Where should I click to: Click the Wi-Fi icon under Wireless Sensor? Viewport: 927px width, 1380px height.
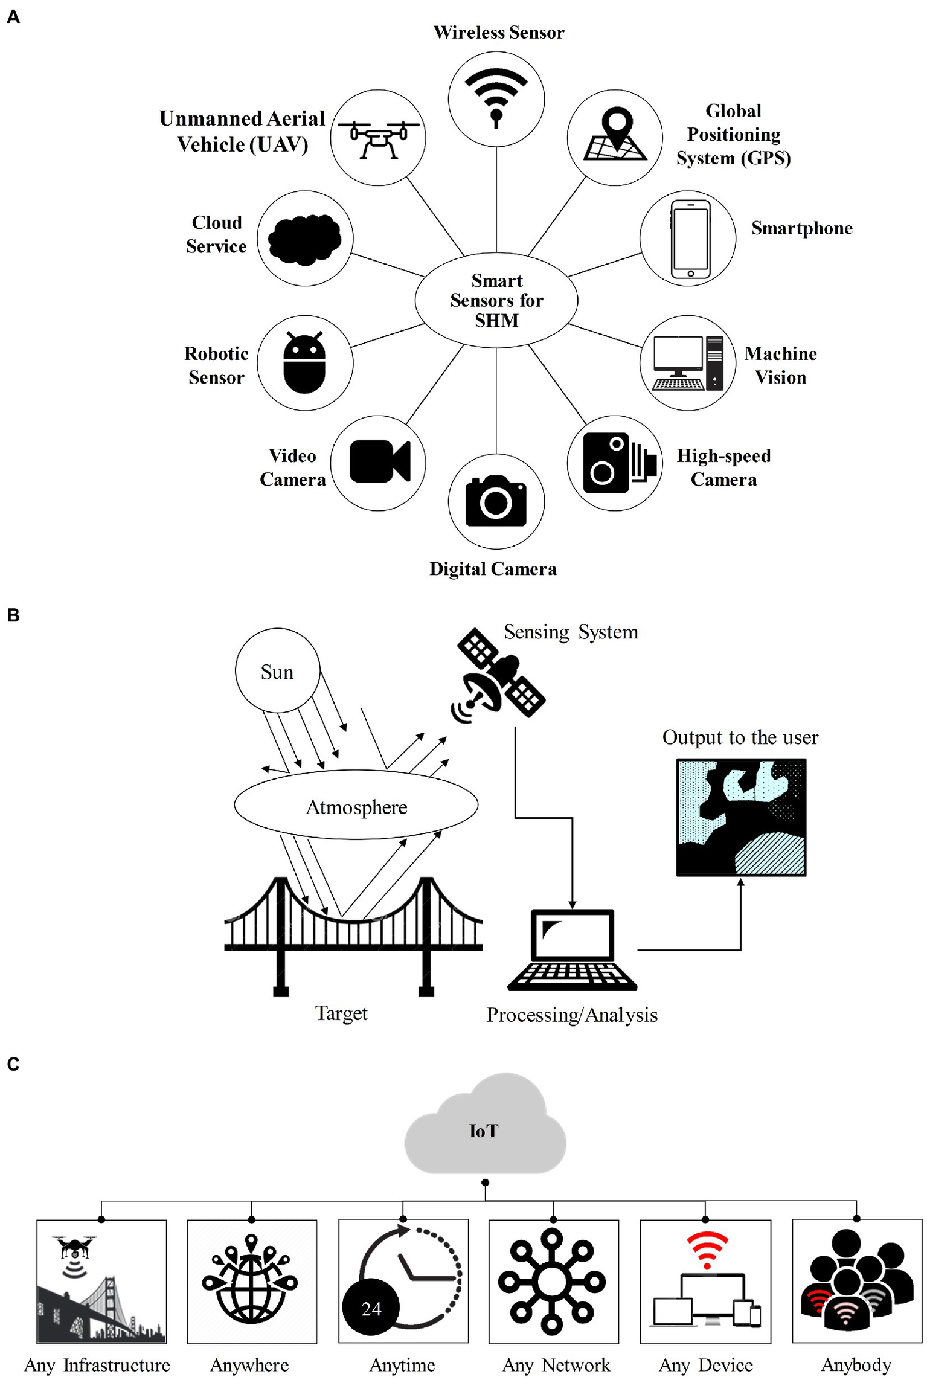(x=496, y=97)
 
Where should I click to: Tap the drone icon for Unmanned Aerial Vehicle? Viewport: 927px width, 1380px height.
(x=378, y=138)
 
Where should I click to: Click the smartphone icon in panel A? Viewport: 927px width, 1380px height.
(x=690, y=239)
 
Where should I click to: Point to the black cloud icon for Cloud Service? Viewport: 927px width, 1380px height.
(x=304, y=239)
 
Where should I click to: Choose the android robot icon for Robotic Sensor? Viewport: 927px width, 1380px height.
(x=304, y=364)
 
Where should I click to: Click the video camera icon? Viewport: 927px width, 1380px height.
(x=379, y=462)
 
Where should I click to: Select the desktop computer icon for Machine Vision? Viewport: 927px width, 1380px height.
(x=687, y=363)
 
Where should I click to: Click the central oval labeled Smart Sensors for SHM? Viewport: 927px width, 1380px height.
(x=496, y=300)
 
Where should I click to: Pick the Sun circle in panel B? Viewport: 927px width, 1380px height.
(x=277, y=671)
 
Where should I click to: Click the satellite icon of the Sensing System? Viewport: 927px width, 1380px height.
(x=499, y=676)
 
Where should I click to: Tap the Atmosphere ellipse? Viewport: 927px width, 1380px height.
(x=356, y=805)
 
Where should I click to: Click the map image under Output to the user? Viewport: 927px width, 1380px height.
(x=740, y=817)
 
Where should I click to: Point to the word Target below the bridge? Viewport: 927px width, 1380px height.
(x=341, y=1013)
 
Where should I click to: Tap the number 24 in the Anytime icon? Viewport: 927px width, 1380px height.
(x=371, y=1308)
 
